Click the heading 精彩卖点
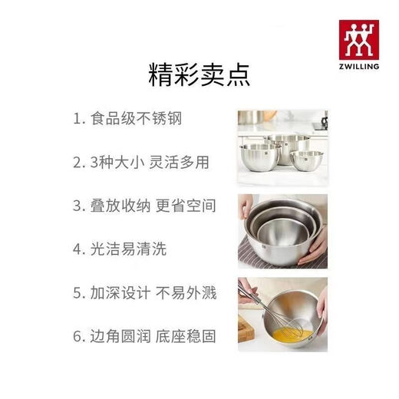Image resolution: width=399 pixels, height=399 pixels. (x=199, y=77)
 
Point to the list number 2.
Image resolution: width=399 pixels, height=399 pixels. (x=77, y=163)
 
